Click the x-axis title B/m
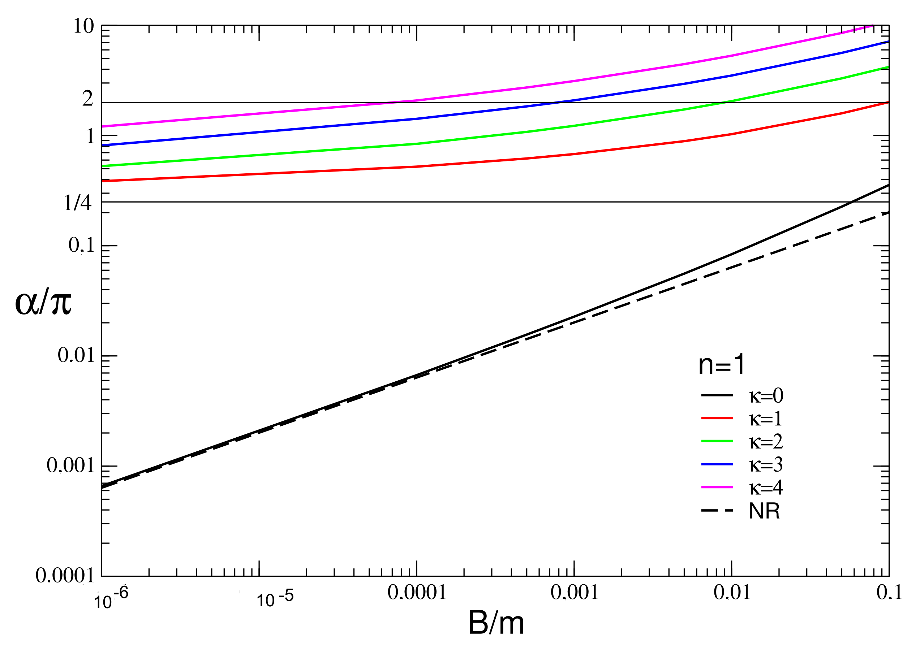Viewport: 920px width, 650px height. click(x=496, y=623)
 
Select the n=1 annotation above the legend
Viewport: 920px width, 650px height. click(x=721, y=365)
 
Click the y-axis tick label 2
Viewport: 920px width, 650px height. click(x=88, y=98)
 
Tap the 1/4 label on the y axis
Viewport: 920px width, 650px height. click(x=78, y=203)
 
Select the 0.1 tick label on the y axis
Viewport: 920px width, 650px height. click(x=81, y=245)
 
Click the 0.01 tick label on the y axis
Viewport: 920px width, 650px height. click(x=76, y=355)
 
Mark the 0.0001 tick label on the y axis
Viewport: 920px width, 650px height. click(x=65, y=576)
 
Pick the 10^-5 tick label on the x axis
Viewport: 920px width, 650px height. click(x=275, y=598)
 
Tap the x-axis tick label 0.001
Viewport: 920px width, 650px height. click(x=574, y=592)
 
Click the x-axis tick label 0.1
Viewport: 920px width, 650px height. click(x=889, y=592)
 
